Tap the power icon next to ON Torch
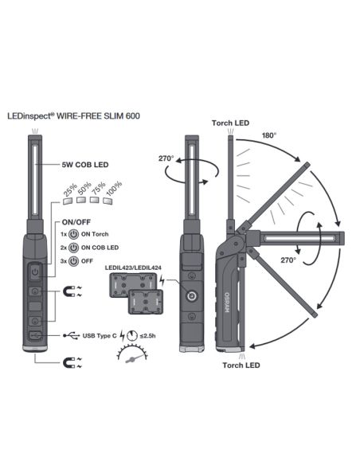coord(73,235)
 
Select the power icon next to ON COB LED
coord(73,248)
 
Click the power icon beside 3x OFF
coord(73,260)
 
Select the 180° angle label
coord(269,136)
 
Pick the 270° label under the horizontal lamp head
coord(288,260)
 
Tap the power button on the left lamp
coord(34,272)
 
